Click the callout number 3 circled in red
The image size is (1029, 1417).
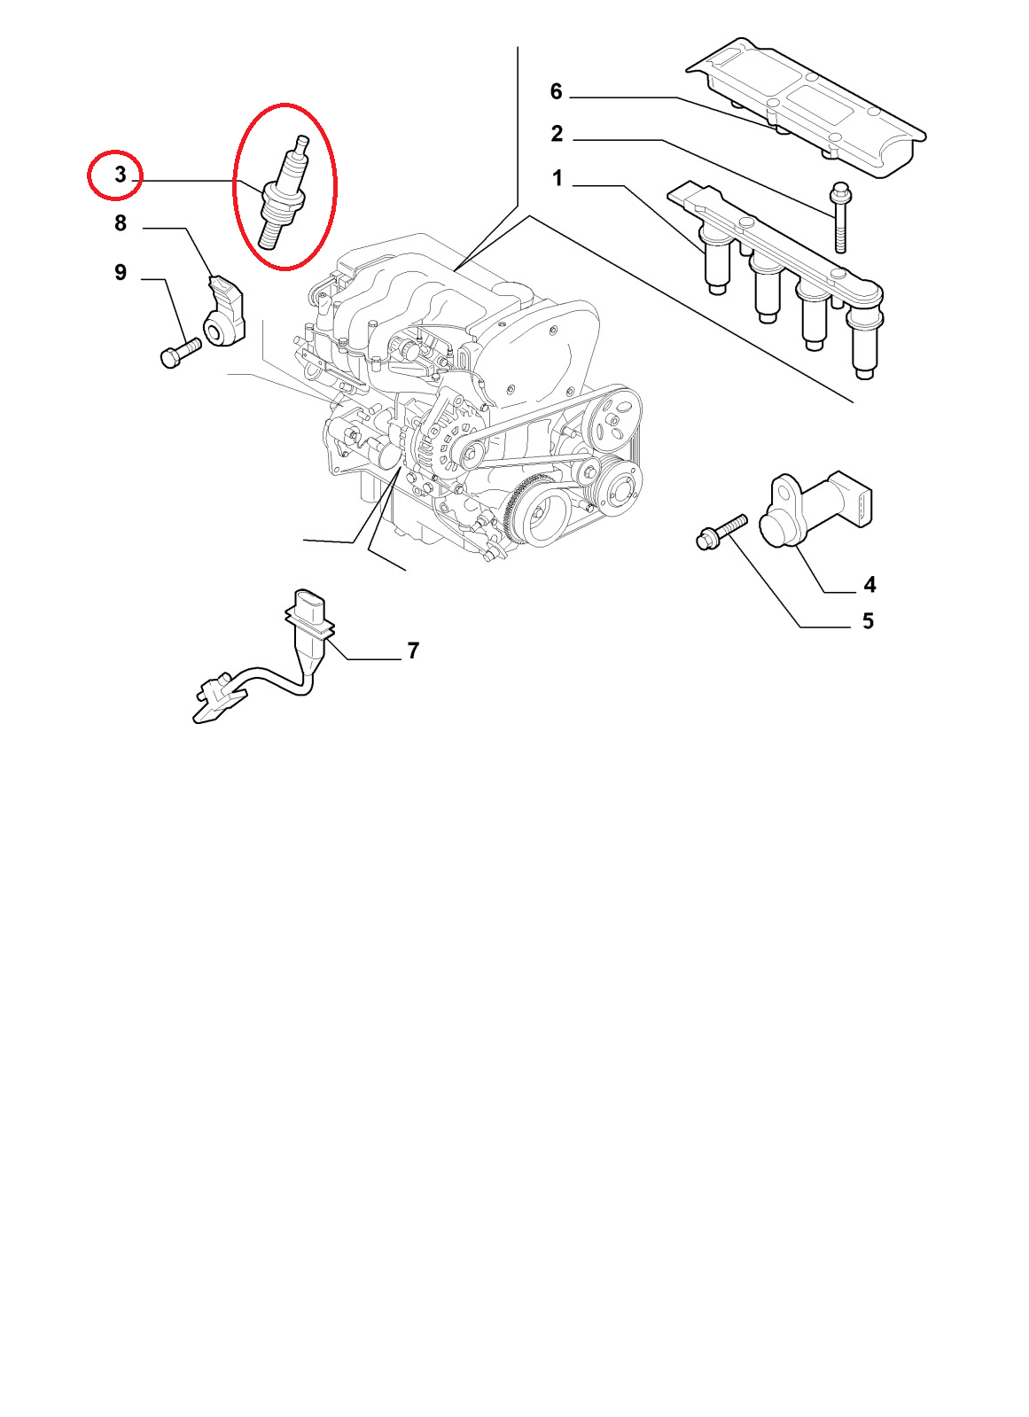point(121,174)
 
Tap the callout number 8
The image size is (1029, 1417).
point(121,222)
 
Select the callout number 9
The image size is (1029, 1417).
point(121,272)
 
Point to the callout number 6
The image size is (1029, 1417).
point(556,92)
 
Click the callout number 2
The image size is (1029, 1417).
point(557,134)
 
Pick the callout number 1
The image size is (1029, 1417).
point(557,178)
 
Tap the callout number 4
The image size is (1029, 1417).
point(869,585)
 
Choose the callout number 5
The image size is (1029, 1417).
point(868,621)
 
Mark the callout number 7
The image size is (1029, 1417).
point(413,650)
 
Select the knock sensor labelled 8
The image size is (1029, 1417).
point(223,311)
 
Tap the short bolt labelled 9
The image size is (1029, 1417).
point(180,353)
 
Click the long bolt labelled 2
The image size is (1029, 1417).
point(840,216)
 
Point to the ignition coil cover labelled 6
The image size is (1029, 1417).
point(807,106)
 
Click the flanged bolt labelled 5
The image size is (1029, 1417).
point(721,532)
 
